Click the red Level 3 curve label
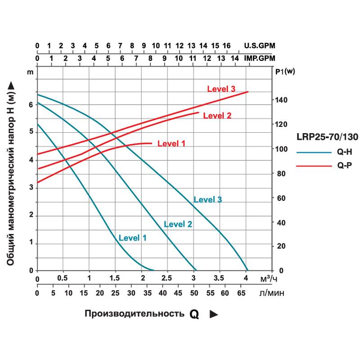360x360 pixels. [x=221, y=89]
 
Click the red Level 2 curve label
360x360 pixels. [x=217, y=116]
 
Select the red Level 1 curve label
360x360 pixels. [x=171, y=144]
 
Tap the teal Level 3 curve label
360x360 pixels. [x=207, y=199]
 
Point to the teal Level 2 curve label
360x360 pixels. [x=178, y=224]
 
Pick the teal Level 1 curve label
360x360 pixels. [x=132, y=238]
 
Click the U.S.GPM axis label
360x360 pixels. [x=259, y=45]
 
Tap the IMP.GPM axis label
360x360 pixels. [x=259, y=58]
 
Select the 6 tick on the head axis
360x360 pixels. [x=31, y=104]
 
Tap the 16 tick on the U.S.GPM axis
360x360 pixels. [x=226, y=45]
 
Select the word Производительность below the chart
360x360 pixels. [x=134, y=314]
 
